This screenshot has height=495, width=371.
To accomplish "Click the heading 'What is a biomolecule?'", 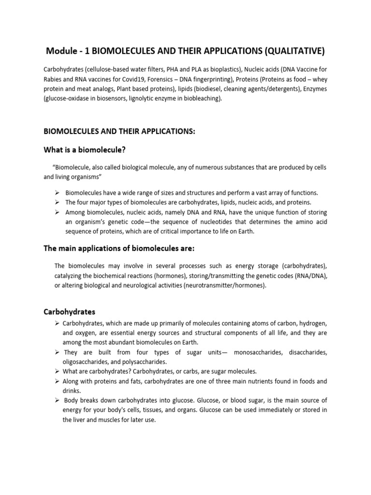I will click(x=85, y=150).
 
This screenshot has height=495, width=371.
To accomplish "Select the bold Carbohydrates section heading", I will click(x=71, y=312).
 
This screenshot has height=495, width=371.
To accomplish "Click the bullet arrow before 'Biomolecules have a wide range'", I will click(x=57, y=192).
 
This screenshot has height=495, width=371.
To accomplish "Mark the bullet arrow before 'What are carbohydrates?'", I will click(x=57, y=371).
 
